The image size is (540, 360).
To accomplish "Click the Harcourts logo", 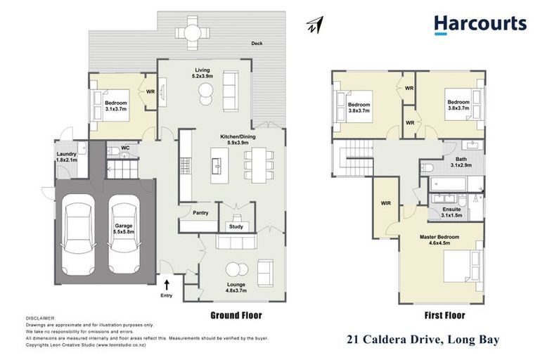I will [x=480, y=25].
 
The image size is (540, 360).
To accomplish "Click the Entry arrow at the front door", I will [x=167, y=285].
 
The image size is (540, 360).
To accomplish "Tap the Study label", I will [x=236, y=226].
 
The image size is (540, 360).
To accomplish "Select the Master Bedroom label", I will [x=440, y=240].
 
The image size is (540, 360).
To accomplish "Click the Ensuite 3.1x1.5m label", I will [x=452, y=212].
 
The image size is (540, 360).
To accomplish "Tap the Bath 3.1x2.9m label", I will [x=461, y=163].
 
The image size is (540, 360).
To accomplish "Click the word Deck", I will [x=257, y=44].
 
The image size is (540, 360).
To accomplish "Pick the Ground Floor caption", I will [x=236, y=316].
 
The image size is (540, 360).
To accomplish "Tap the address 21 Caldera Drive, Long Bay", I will [x=423, y=340].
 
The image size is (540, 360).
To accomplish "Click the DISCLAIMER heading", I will [x=40, y=318].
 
